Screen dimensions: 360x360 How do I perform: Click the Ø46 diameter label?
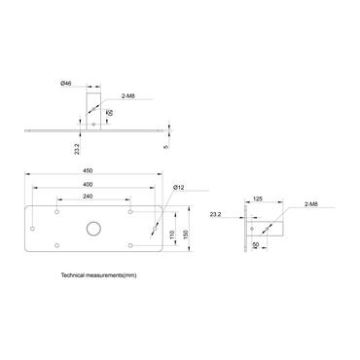coord(66,85)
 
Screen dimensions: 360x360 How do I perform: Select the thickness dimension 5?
coord(167,147)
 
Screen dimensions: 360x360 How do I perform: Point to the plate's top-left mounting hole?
coord(58,211)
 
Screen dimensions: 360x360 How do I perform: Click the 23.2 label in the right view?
coord(215,214)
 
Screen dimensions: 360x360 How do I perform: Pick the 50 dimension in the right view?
coord(256,245)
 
